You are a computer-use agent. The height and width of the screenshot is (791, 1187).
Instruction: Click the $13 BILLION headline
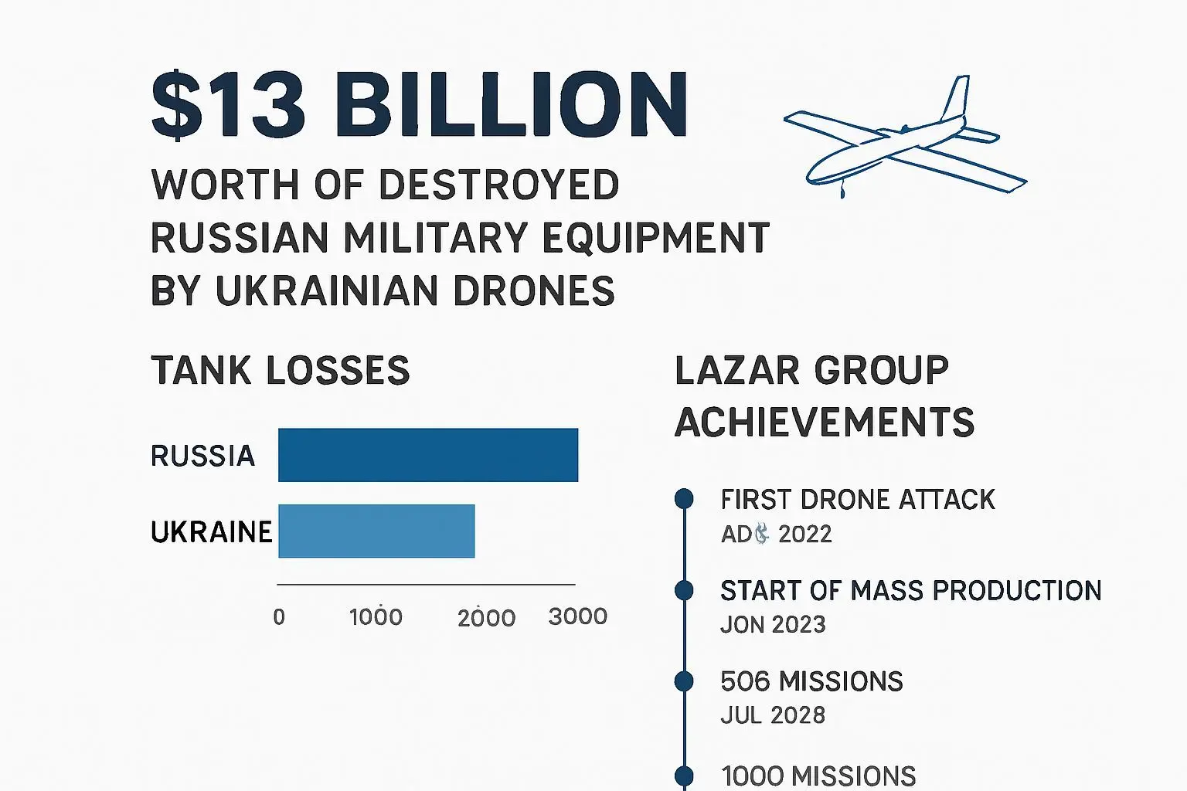point(420,105)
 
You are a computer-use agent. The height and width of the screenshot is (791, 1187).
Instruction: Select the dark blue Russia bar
point(428,455)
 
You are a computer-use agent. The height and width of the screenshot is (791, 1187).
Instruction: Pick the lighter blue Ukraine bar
point(376,531)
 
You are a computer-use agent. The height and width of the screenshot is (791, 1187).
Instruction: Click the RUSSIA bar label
point(202,456)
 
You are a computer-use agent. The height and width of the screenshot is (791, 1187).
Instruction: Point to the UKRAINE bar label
point(211,531)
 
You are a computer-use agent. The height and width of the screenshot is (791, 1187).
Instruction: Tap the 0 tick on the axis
point(279,617)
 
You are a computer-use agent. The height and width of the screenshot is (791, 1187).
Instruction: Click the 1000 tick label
point(376,617)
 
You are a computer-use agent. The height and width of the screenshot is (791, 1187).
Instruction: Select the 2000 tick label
point(486,618)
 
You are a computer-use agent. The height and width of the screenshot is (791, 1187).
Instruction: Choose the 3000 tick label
point(577,616)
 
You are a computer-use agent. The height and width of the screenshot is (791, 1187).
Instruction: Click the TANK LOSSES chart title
point(280,371)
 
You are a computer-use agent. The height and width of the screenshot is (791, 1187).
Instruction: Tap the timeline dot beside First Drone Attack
point(684,499)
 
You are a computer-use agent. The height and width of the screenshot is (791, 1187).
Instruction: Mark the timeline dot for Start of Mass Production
point(684,591)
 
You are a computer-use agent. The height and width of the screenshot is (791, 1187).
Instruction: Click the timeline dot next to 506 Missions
point(684,681)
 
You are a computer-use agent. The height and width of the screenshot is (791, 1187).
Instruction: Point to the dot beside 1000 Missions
point(684,776)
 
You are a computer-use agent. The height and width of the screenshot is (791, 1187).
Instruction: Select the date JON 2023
point(773,624)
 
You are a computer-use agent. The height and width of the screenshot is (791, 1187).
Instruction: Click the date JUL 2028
point(773,715)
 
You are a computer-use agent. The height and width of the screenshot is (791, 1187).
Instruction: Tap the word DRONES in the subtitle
point(533,291)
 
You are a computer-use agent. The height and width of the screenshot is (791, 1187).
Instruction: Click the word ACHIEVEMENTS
point(825,423)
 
